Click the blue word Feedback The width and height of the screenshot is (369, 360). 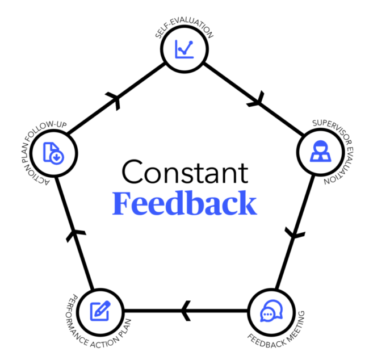click(x=184, y=203)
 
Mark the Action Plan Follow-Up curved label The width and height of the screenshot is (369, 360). click(x=33, y=148)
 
